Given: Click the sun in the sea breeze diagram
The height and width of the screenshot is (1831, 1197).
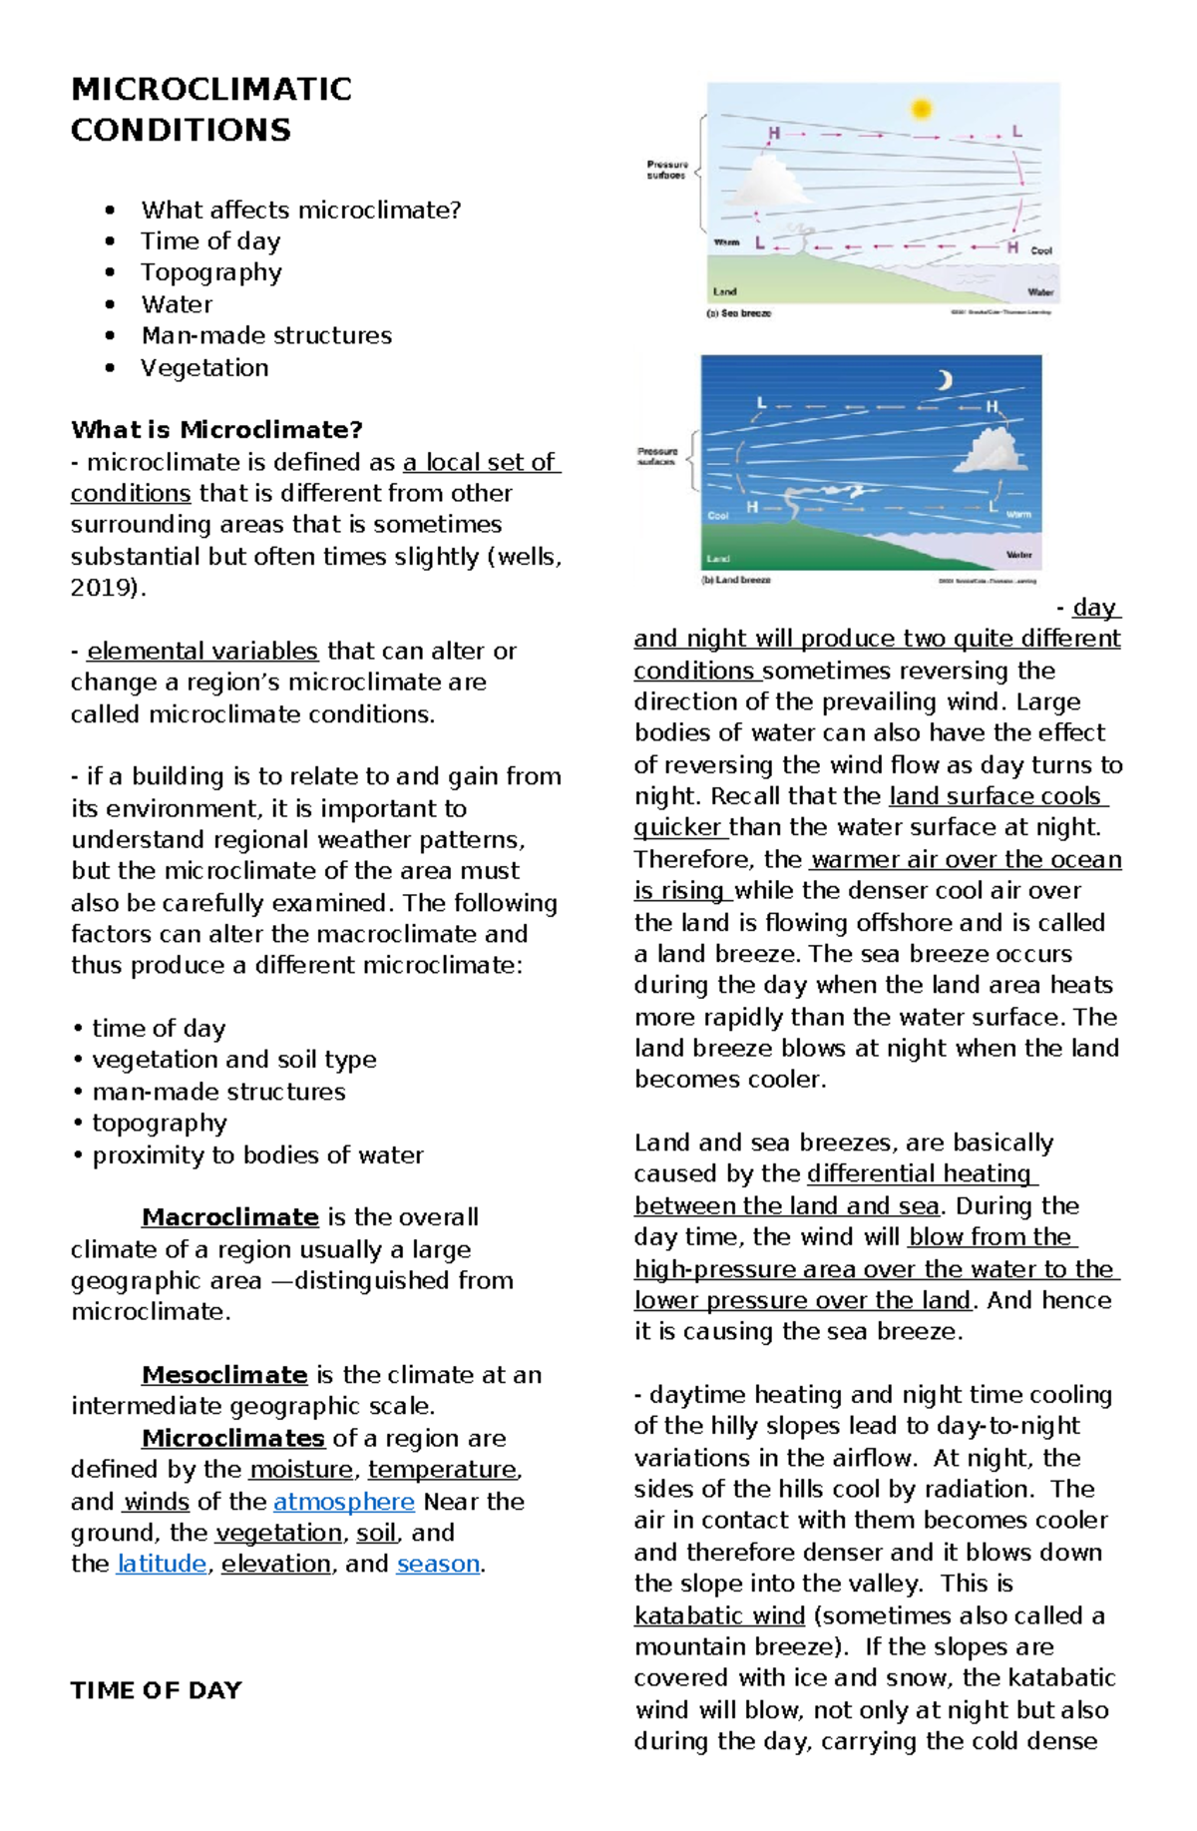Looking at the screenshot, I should (x=921, y=108).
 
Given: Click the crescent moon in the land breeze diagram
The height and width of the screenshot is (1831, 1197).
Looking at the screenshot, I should (x=943, y=380).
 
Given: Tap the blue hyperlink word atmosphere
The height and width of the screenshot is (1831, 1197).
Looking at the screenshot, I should (x=343, y=1501).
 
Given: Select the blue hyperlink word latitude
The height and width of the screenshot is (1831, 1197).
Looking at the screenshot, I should (x=162, y=1564).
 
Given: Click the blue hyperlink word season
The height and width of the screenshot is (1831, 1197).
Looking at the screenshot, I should (x=438, y=1564).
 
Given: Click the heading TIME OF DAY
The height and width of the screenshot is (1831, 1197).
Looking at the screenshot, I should (x=156, y=1690).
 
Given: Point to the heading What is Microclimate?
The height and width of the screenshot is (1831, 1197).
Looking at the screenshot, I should (x=216, y=430).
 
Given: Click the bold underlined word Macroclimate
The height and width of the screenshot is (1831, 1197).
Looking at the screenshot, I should (x=229, y=1217).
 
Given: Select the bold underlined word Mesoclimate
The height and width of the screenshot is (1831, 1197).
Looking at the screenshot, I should (x=223, y=1375).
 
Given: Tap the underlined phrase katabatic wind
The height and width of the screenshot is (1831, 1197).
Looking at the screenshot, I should (x=719, y=1615).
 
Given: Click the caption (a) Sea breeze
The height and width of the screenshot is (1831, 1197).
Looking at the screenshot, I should (x=738, y=313).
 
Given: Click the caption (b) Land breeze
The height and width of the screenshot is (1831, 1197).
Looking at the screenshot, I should (x=736, y=580).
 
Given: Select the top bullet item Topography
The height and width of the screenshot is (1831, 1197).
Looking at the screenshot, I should (x=210, y=272).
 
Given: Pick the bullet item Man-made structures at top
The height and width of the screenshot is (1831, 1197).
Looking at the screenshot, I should (x=265, y=335).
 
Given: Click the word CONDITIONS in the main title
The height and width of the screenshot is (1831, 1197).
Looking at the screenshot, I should (x=181, y=130).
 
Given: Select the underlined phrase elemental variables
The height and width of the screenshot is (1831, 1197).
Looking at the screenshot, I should (x=201, y=651).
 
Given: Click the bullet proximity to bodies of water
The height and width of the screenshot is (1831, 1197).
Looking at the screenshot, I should (x=257, y=1154).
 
